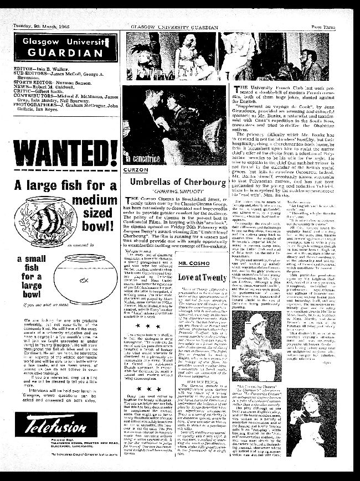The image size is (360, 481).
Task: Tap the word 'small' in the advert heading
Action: pyautogui.click(x=31, y=261)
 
